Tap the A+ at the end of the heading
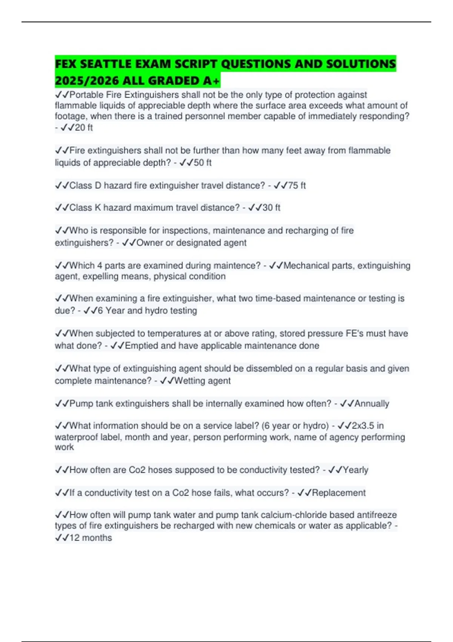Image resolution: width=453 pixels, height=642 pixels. click(x=211, y=81)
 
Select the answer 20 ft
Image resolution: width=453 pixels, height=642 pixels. click(x=83, y=128)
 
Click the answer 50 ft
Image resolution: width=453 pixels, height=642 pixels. click(x=202, y=163)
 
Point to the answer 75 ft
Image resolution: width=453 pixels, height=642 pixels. click(x=297, y=185)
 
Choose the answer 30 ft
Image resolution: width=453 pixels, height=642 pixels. click(x=271, y=208)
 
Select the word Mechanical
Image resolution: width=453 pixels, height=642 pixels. click(x=306, y=265)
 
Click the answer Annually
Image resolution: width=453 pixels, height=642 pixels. click(x=371, y=404)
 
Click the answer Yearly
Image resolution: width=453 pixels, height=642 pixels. click(x=355, y=470)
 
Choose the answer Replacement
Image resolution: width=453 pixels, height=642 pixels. click(x=339, y=493)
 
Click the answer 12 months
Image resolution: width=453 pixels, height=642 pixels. click(x=91, y=538)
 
